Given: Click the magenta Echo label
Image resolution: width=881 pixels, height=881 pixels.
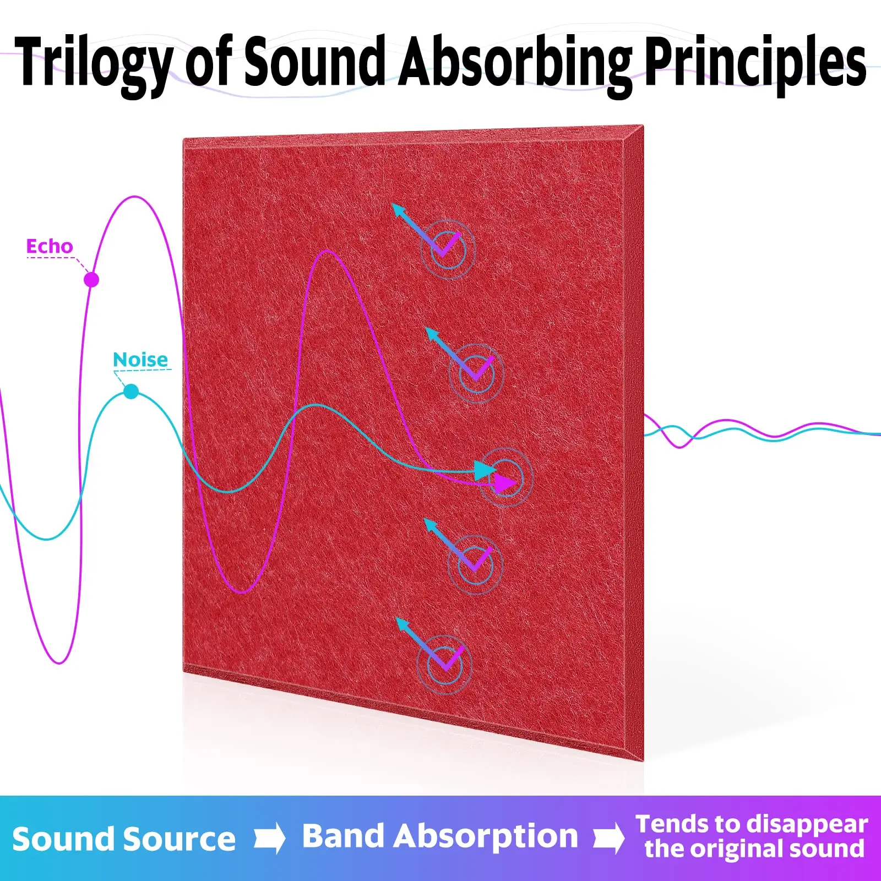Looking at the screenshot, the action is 50,246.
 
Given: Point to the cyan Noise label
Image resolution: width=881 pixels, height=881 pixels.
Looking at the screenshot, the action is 140,360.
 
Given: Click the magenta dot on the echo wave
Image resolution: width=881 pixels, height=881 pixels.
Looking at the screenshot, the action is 91,280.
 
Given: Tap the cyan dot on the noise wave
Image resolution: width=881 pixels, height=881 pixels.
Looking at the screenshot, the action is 131,391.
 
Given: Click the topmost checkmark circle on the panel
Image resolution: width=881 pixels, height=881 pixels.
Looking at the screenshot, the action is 448,249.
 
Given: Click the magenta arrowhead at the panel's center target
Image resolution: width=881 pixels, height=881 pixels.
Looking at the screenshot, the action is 505,483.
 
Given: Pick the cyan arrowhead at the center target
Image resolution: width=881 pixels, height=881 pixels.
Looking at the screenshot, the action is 485,470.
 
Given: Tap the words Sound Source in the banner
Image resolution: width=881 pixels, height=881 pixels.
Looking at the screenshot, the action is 124,839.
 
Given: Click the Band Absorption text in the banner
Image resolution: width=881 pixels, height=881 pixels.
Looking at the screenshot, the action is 440,837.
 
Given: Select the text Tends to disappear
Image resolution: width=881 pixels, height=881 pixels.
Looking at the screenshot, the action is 752,825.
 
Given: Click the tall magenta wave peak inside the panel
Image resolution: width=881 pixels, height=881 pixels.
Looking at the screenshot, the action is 328,252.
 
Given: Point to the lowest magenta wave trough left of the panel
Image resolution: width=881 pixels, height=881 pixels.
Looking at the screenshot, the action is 59,662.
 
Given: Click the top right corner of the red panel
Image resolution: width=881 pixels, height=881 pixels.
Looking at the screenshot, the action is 643,126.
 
